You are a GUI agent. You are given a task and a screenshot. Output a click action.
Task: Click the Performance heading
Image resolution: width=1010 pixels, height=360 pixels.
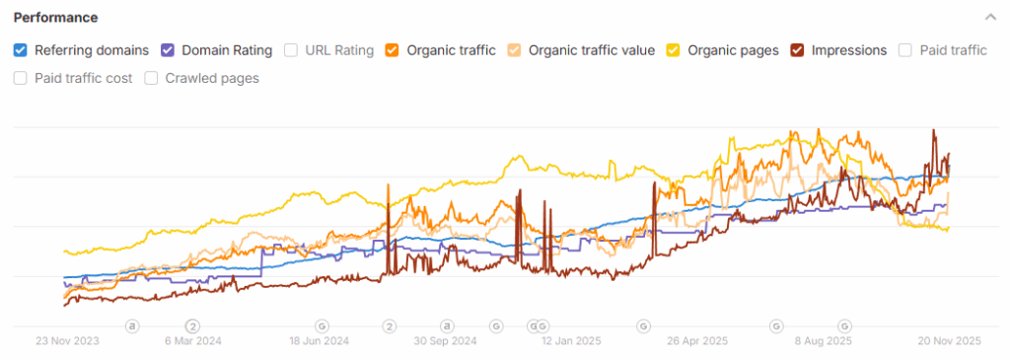pos(55,18)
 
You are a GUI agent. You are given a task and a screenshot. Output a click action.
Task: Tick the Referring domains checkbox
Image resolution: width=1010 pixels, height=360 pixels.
pos(21,50)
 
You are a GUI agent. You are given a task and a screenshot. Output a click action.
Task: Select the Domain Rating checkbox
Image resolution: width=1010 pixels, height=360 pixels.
pos(168,50)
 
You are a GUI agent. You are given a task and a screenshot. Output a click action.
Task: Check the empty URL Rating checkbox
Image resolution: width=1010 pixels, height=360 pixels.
pos(291,50)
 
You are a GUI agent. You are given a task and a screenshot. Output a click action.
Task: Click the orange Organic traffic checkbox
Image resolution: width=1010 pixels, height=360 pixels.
pos(392,50)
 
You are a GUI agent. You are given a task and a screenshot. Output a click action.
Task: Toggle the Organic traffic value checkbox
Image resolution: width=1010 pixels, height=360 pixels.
pos(515,50)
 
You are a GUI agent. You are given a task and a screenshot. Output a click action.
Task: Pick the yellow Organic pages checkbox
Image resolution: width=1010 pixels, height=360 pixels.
pos(674,50)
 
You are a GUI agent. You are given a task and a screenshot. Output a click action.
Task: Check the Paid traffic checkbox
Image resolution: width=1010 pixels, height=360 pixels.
pos(904,50)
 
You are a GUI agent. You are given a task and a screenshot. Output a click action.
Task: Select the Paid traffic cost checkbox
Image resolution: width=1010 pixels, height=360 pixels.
pos(21,78)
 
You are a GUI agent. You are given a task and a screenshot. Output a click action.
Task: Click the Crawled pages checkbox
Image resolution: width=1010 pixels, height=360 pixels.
pos(151,78)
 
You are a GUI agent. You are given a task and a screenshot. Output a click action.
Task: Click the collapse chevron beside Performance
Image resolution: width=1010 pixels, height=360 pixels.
pos(990,18)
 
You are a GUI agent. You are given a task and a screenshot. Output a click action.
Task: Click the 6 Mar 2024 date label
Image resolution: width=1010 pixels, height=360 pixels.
pos(193,341)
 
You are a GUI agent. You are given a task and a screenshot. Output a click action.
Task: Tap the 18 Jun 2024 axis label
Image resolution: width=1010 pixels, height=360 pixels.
pos(321,341)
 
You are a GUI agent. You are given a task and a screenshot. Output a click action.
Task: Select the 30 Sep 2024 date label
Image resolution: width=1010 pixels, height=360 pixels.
pos(446,341)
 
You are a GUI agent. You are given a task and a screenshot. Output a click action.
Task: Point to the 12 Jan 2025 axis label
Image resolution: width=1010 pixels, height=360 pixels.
pos(571,341)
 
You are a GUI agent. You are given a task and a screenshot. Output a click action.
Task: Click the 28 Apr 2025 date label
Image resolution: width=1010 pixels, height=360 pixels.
pos(696,341)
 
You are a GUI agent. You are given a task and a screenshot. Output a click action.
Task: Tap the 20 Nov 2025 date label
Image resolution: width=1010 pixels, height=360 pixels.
pos(948,341)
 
